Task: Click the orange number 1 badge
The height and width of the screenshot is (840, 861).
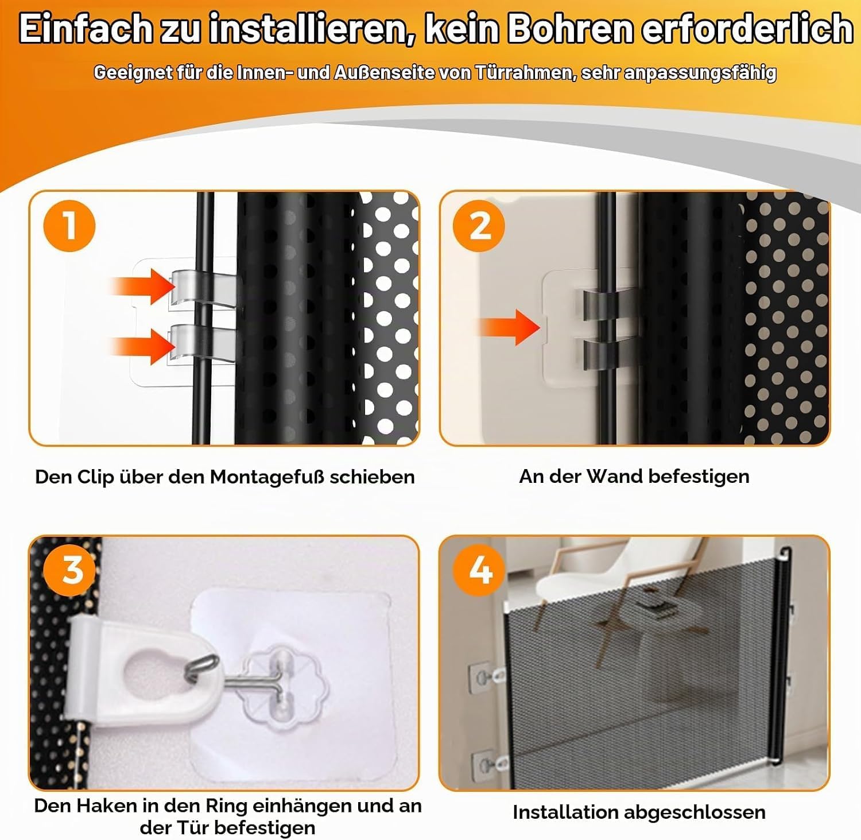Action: [x=69, y=226]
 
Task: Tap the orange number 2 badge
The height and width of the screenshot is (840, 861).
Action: [x=479, y=226]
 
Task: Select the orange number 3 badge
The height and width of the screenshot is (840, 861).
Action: [x=72, y=570]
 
